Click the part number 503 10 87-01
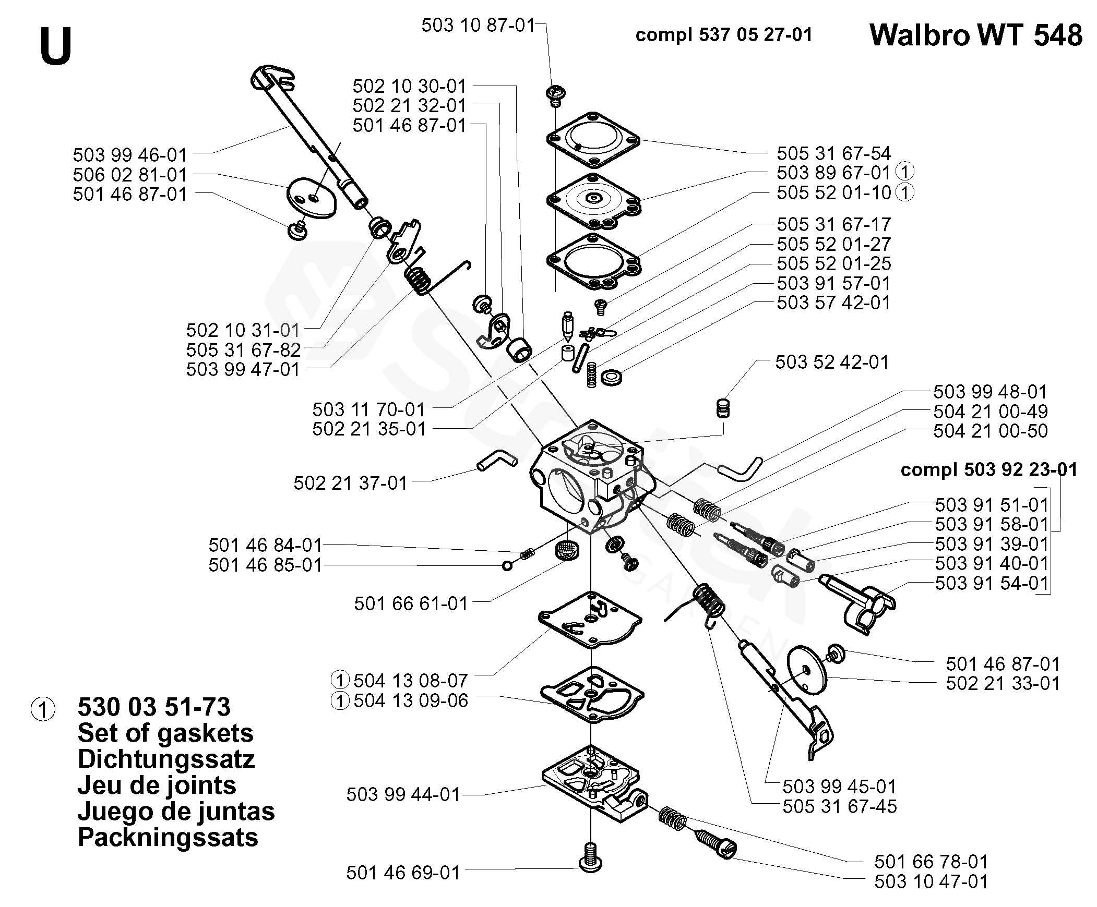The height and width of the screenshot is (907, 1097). [x=479, y=25]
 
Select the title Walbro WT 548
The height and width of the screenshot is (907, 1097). [x=976, y=35]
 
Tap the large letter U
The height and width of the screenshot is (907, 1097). [x=55, y=46]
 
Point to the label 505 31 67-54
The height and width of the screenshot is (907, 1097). [x=834, y=153]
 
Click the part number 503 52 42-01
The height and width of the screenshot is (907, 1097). [x=832, y=362]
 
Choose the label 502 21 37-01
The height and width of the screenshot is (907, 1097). [x=351, y=483]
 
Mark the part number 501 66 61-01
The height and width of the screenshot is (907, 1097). [x=411, y=603]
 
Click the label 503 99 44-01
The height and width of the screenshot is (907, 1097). [x=403, y=794]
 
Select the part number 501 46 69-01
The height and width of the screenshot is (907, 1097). [x=403, y=873]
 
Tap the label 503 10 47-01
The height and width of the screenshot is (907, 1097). [x=932, y=881]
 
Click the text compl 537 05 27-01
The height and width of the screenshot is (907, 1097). [x=724, y=35]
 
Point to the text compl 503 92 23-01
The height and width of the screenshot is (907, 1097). [x=989, y=469]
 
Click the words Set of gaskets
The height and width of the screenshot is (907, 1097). [x=165, y=733]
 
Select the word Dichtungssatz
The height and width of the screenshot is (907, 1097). [x=166, y=759]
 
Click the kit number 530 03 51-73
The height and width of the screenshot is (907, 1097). [x=154, y=707]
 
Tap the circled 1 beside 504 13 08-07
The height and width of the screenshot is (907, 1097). [x=340, y=681]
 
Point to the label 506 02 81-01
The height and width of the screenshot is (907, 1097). [x=130, y=174]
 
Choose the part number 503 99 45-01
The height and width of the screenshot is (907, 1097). [x=840, y=787]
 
